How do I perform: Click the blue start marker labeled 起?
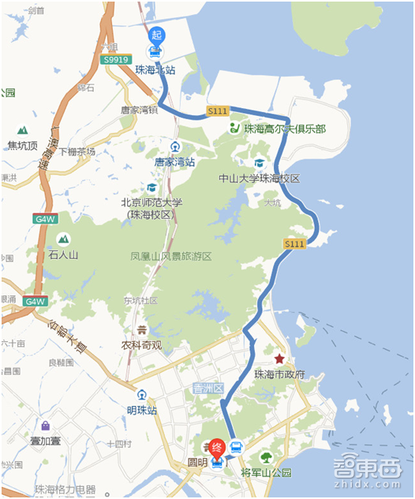[156, 36]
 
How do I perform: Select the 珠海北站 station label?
[155, 69]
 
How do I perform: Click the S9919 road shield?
[116, 59]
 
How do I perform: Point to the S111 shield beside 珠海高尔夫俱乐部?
[218, 112]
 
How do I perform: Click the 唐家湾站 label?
[174, 161]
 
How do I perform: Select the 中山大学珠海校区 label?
[260, 178]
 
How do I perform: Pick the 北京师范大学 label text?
[151, 202]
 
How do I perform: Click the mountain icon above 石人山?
[63, 238]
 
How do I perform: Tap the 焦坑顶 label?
[23, 145]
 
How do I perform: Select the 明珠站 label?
[142, 411]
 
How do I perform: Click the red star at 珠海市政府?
[279, 358]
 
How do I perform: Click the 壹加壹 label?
[47, 441]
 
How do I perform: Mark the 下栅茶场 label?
[77, 152]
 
